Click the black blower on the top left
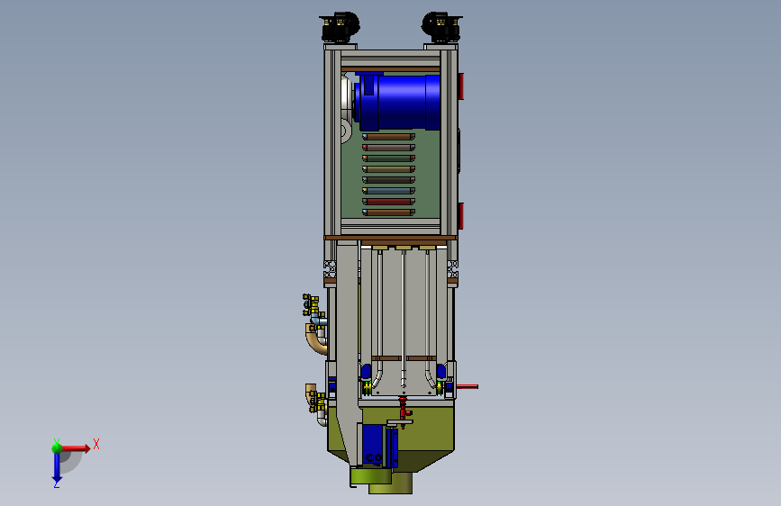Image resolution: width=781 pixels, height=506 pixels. click(x=340, y=27)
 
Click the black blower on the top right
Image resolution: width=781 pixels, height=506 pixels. click(x=441, y=27)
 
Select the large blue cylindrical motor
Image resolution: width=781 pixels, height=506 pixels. click(x=397, y=101)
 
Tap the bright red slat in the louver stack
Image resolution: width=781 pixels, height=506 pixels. click(x=388, y=202)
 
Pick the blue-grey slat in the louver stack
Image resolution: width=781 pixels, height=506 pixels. click(x=388, y=191)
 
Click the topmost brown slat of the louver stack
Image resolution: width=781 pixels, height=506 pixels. click(x=388, y=137)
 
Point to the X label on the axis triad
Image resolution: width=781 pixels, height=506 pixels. click(x=96, y=444)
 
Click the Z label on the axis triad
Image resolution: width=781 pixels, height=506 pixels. click(x=57, y=483)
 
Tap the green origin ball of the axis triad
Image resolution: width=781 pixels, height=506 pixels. click(x=58, y=448)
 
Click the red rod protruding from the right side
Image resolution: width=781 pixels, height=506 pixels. click(x=468, y=386)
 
